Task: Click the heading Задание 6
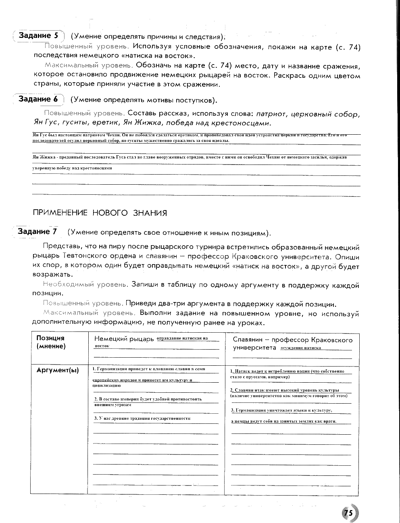coord(38,99)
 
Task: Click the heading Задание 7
coord(37,231)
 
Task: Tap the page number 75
coord(348,513)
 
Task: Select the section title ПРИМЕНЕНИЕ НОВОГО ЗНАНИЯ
coord(99,213)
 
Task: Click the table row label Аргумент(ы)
coord(58,370)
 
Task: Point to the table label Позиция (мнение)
coord(51,342)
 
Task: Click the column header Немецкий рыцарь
coord(124,339)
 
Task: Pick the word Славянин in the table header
coord(248,340)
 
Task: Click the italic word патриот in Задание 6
coord(271,114)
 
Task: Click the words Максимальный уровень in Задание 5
coord(89,65)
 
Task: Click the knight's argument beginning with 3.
coord(142,418)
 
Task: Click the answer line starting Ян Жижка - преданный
coord(189,157)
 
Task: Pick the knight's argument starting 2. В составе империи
coord(148,399)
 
